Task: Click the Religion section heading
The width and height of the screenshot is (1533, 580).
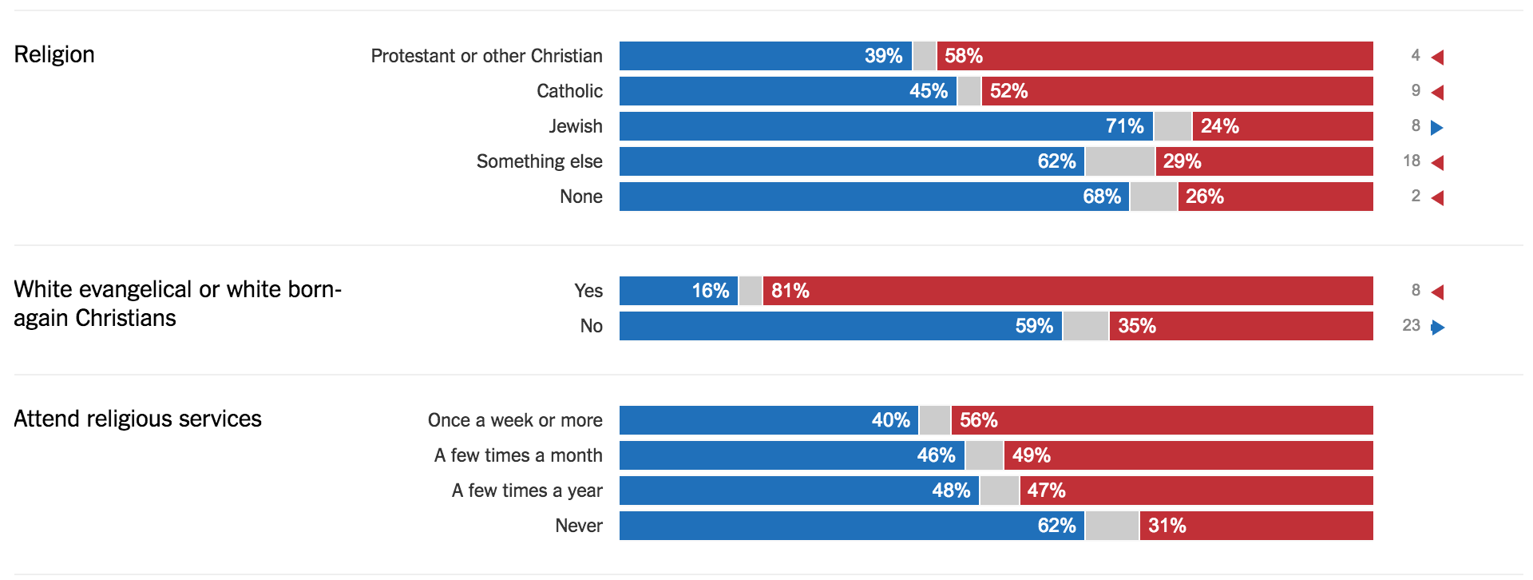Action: coord(54,54)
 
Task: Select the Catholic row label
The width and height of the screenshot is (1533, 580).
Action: coord(569,91)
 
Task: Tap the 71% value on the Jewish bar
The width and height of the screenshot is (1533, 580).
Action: coord(1124,126)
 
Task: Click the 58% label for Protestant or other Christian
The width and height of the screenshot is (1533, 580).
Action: coord(963,56)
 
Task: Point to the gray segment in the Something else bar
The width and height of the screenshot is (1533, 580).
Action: coord(1119,161)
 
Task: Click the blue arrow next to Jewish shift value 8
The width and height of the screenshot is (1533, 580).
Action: coord(1437,127)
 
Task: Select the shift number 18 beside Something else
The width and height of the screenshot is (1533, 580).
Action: coord(1412,161)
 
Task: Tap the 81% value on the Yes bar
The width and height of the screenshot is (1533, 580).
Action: coord(790,291)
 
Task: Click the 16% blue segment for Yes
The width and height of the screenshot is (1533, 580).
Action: coord(679,291)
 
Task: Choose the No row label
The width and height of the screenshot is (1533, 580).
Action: coord(591,326)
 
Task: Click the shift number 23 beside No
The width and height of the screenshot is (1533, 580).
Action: coord(1411,326)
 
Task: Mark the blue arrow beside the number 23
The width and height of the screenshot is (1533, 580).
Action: coord(1438,327)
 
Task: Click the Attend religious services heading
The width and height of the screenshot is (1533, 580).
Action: coord(137,419)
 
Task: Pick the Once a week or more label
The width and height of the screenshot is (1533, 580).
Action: coord(515,420)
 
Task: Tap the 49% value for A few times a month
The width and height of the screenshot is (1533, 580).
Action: coord(1031,455)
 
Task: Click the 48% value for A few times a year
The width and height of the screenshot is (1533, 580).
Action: coord(951,491)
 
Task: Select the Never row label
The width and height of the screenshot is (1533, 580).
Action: coord(579,526)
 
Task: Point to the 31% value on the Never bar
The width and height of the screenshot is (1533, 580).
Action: coord(1167,526)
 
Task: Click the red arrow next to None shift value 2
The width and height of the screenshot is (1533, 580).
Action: coord(1438,197)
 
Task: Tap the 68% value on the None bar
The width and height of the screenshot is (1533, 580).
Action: coord(1101,197)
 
